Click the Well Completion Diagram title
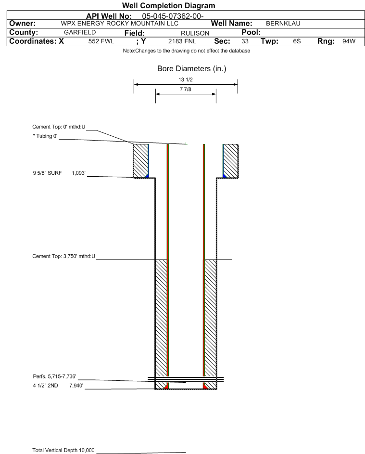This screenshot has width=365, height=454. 169,5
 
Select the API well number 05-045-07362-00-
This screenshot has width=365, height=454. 173,16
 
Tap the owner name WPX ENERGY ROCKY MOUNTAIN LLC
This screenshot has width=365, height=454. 119,24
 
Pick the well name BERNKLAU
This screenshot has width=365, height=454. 283,24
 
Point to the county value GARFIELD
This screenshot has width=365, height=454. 80,32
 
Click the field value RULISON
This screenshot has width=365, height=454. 195,33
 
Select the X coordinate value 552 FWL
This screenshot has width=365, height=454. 101,41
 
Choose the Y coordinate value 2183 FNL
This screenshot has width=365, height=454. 182,41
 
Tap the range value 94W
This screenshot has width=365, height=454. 349,41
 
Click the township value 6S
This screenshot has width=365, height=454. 297,41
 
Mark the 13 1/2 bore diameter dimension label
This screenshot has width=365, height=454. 186,79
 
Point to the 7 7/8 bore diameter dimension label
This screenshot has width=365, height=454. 186,89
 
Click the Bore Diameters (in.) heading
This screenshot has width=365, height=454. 192,69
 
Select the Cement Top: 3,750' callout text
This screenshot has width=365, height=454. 63,256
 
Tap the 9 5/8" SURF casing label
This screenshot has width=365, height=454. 47,173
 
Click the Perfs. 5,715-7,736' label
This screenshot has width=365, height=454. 55,376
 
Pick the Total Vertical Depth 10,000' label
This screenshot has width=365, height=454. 64,450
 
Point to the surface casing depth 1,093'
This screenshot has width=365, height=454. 79,173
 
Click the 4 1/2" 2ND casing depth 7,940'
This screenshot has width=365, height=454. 76,385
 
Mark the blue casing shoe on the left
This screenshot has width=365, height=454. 147,176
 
